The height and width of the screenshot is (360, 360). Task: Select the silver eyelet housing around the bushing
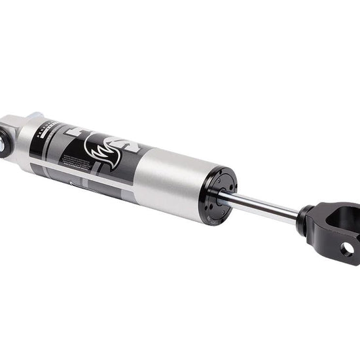(14, 134)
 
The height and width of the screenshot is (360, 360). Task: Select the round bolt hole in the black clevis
(347, 249)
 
